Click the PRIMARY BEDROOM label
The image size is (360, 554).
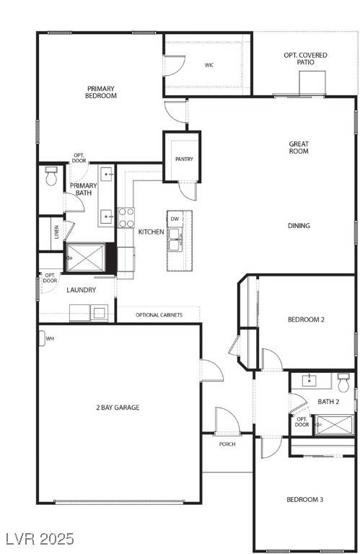[101, 92]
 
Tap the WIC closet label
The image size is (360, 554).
[208, 65]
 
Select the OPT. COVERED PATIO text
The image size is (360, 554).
[305, 59]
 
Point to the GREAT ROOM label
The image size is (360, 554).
[299, 148]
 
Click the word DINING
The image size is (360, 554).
[299, 226]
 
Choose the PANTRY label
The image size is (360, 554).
[184, 159]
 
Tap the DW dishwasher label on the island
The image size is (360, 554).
[175, 218]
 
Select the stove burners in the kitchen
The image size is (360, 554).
[126, 217]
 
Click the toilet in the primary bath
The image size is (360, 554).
[51, 177]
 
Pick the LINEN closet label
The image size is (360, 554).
[56, 232]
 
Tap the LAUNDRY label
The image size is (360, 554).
[82, 290]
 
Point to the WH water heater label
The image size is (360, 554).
[50, 338]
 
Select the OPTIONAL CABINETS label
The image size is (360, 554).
[159, 315]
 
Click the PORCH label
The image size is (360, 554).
[227, 444]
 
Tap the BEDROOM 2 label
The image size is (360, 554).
[307, 320]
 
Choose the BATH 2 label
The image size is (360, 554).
[329, 401]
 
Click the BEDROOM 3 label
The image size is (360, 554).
[304, 500]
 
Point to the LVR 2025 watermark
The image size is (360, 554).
[40, 538]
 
